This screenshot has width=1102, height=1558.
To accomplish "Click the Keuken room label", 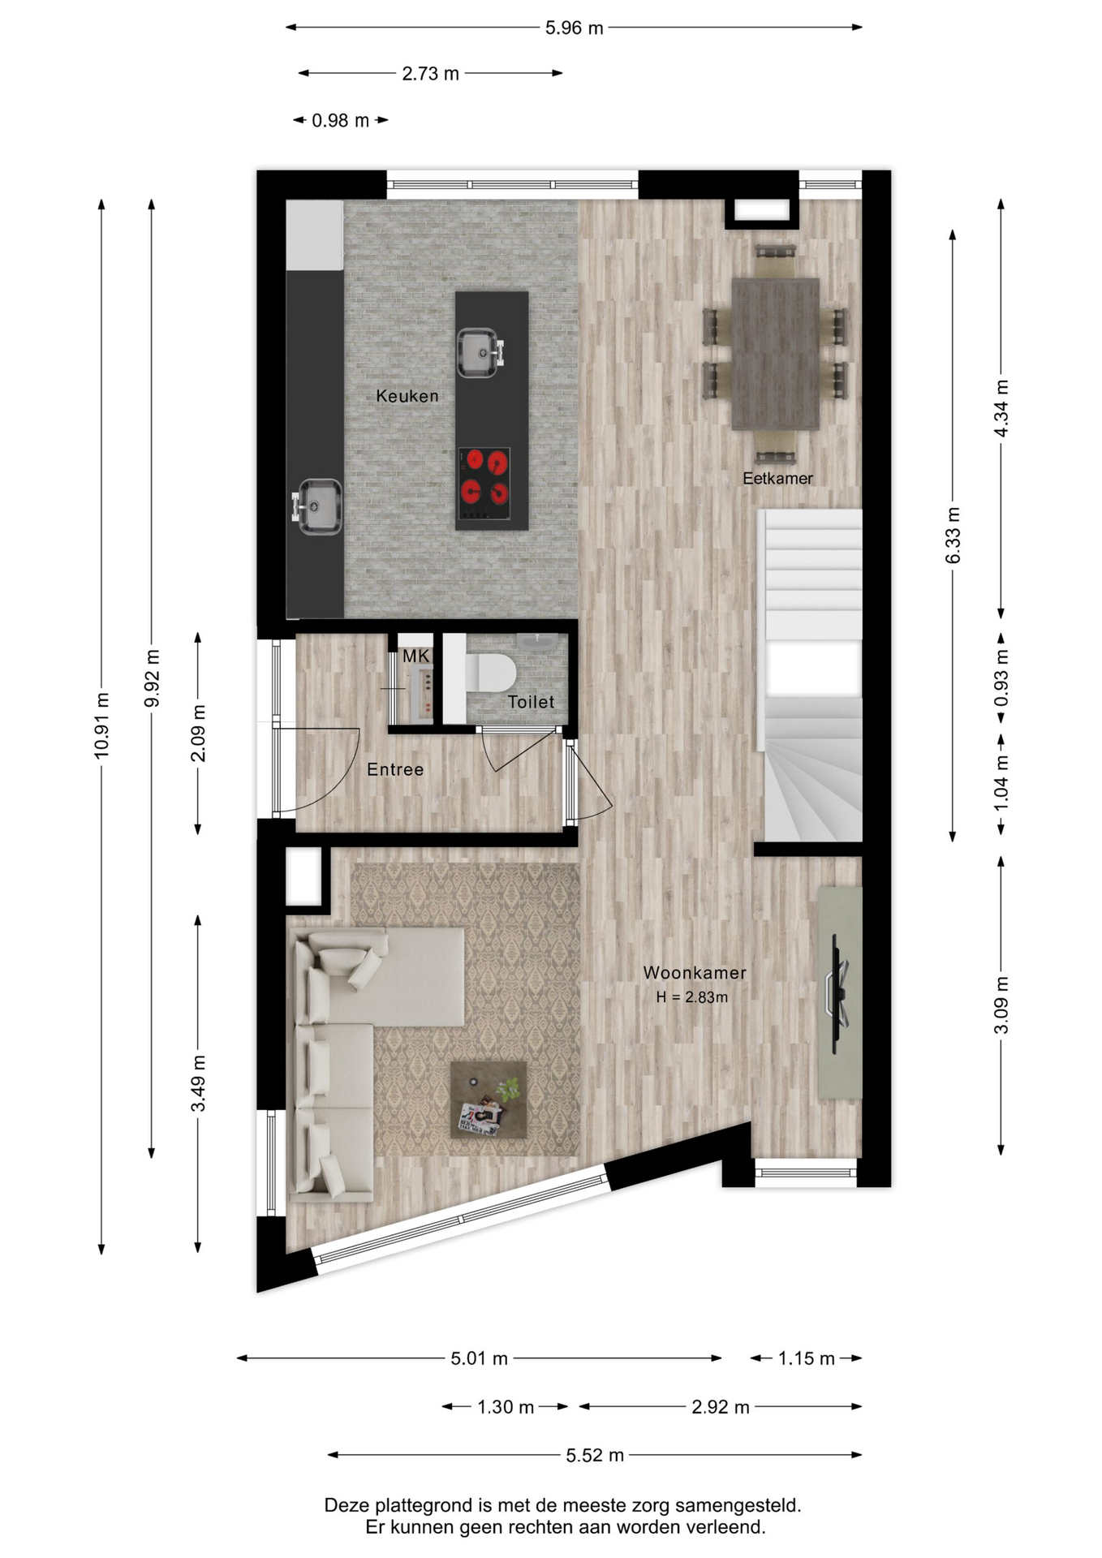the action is point(407,396).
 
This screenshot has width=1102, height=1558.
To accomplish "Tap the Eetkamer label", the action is point(777,479).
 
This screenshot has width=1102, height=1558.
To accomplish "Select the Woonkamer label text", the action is point(695,972).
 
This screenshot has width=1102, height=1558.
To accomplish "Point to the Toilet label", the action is point(531,702).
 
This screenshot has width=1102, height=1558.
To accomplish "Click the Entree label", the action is point(395,769).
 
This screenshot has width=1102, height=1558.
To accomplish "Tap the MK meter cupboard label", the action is point(415,656).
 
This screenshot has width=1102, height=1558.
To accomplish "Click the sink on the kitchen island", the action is point(480,352).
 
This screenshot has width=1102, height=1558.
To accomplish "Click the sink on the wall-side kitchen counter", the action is point(317,506).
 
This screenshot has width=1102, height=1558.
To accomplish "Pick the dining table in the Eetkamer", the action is point(775,354).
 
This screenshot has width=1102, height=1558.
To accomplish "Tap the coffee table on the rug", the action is point(489,1100).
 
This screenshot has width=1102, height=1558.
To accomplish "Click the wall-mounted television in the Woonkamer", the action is point(838,993).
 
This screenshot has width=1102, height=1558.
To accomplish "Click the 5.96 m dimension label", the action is point(574,28).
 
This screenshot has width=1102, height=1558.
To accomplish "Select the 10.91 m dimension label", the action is point(101,725).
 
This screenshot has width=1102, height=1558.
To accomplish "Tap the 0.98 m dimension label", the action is point(341,120).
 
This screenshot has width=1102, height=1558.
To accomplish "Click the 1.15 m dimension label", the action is point(806,1358).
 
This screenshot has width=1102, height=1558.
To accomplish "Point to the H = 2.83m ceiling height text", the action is point(692,997).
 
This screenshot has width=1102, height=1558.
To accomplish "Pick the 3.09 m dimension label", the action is point(1001,1005).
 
